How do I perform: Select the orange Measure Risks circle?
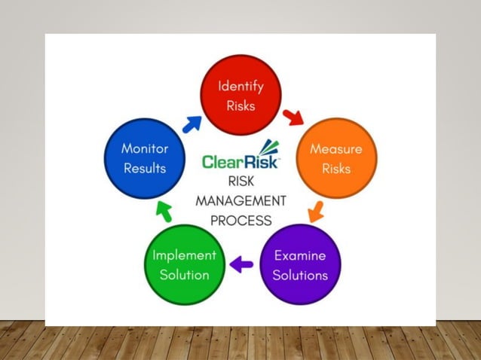pos(335,158)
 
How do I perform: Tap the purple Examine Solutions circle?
pos(300,264)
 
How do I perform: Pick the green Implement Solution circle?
pos(185,264)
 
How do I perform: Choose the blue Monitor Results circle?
pos(144,158)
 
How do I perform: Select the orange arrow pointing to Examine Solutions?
pos(316,211)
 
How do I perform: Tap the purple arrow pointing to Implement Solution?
pos(241,264)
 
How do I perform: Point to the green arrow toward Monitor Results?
pos(164,212)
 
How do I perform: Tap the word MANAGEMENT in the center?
pos(241,201)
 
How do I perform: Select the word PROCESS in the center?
pos(241,221)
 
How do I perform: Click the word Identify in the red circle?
pos(240,86)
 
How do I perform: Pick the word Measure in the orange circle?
pos(335,149)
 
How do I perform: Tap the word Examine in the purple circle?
pos(300,255)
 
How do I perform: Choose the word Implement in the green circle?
pos(185,255)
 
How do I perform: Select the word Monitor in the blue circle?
pos(144,149)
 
